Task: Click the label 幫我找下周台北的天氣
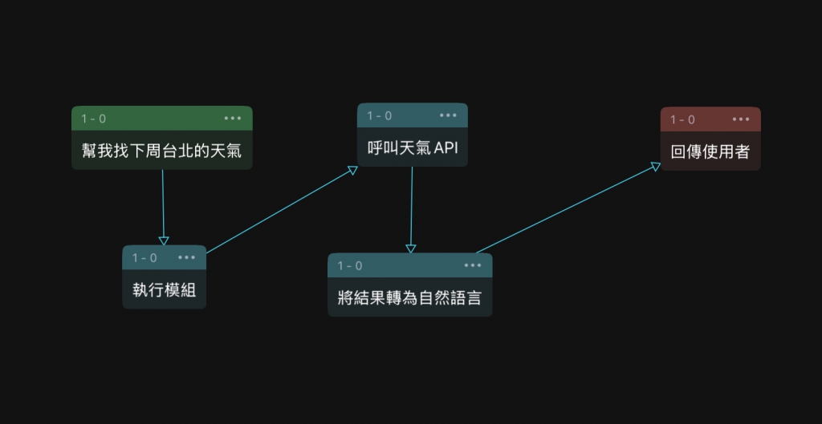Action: tap(161, 150)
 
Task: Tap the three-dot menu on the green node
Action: tap(233, 118)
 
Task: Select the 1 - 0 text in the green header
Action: tap(93, 119)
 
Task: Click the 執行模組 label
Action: tap(164, 289)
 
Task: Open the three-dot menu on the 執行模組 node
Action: tap(187, 257)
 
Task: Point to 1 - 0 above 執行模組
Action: tap(144, 258)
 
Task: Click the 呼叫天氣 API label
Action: tap(412, 147)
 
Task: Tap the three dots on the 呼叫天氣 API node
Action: tap(448, 115)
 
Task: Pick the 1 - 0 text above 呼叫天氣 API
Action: tap(380, 115)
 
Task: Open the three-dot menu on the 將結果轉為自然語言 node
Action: tap(473, 265)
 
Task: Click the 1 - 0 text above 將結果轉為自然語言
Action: tap(350, 265)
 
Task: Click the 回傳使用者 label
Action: tap(710, 151)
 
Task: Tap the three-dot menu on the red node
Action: tap(741, 119)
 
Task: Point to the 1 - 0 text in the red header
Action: tap(683, 119)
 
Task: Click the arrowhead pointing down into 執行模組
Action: tap(164, 240)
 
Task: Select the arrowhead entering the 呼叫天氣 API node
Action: tap(352, 170)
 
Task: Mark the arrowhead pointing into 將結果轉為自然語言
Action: tap(411, 248)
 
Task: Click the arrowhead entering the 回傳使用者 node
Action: tap(656, 166)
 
